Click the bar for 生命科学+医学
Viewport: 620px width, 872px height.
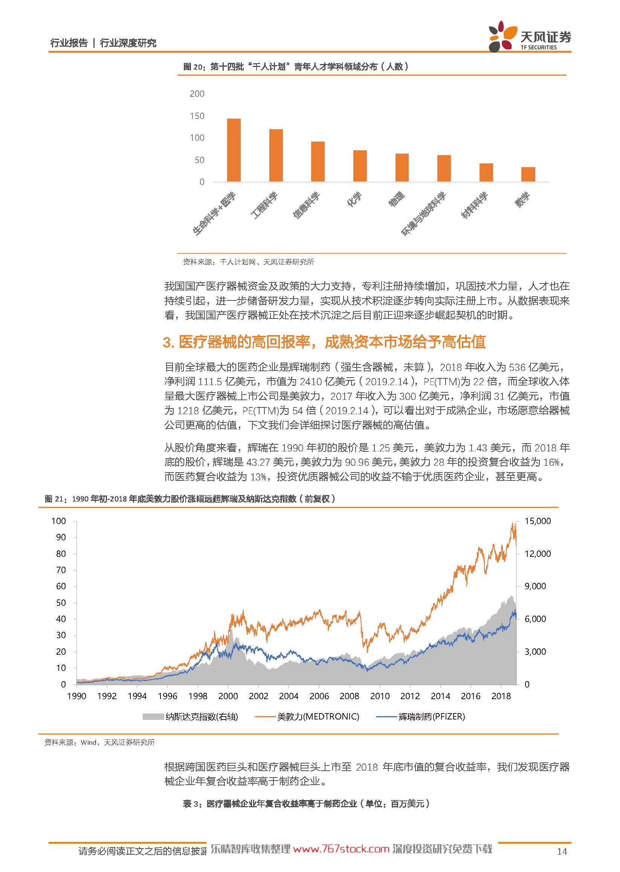coord(234,150)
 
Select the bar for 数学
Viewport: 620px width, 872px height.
coord(528,174)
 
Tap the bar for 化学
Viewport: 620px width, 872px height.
coord(360,166)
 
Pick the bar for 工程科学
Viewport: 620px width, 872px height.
coord(276,155)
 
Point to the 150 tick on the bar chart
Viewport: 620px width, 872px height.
coord(197,116)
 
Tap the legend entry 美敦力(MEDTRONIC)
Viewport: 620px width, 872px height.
coord(307,716)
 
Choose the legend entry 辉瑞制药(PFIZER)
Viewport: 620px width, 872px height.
coord(421,716)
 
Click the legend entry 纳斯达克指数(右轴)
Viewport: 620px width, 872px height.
coord(191,716)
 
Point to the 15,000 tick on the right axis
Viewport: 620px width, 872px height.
coord(538,521)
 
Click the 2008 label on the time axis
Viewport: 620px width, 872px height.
coord(349,696)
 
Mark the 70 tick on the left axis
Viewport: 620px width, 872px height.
coord(61,570)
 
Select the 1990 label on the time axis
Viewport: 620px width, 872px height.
coord(76,696)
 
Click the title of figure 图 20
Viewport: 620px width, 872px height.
coord(296,67)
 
